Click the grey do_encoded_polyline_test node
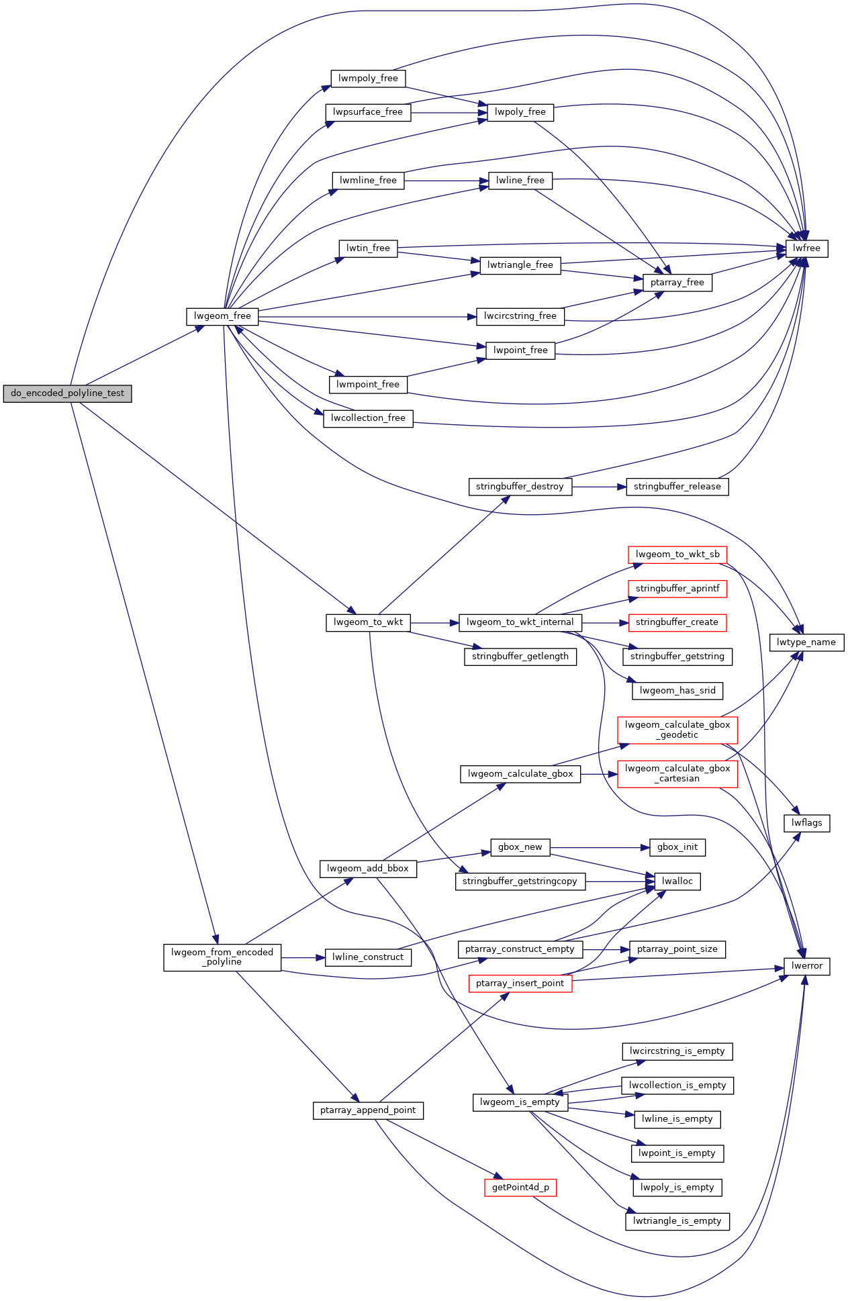(x=67, y=393)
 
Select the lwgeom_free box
(x=222, y=316)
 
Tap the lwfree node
(x=806, y=248)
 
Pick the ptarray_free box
(x=677, y=283)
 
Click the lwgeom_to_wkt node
(x=368, y=622)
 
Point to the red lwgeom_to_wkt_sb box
(x=677, y=555)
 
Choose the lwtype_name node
(x=806, y=642)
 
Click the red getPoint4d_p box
(x=520, y=1188)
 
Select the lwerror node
(x=806, y=966)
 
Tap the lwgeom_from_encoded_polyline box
(x=222, y=957)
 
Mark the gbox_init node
(x=677, y=847)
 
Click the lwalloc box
(x=677, y=881)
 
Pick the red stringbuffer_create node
(x=677, y=622)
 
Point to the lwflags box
(x=806, y=823)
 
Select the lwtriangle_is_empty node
(x=677, y=1221)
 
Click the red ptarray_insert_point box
(x=520, y=983)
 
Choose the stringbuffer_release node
(x=677, y=487)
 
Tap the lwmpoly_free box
(x=368, y=79)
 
